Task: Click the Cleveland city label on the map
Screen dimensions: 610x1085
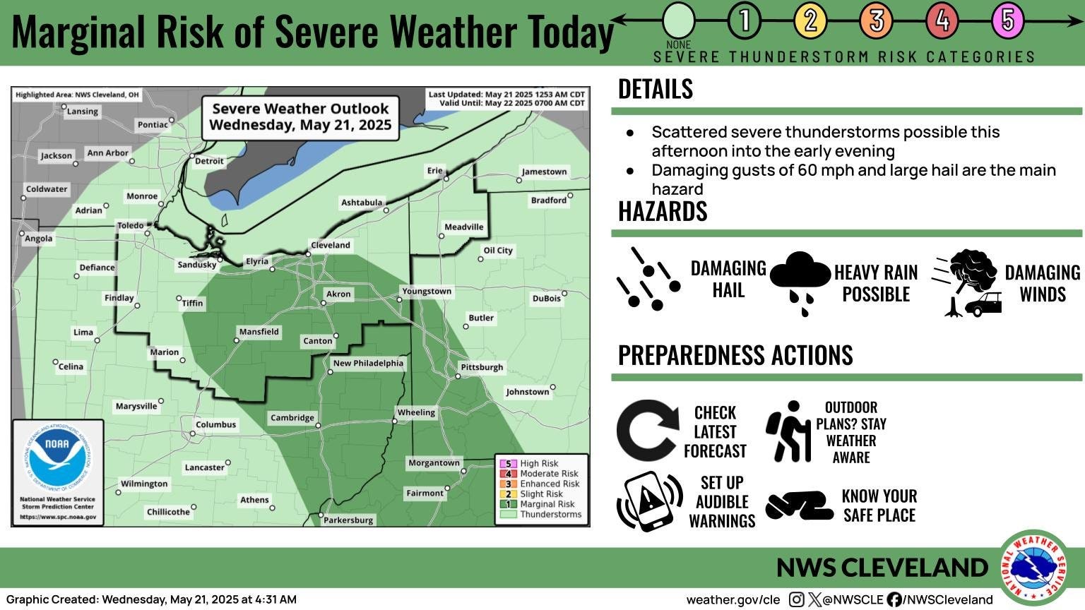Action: (x=330, y=245)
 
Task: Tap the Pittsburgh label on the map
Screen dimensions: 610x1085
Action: (x=482, y=367)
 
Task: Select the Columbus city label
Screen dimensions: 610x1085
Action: (x=215, y=424)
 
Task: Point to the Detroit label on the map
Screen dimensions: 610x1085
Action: (x=209, y=161)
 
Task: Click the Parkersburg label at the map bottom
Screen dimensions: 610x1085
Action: (x=348, y=520)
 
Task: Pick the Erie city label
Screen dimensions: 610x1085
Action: (x=434, y=170)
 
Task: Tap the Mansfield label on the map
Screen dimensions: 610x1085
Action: (x=259, y=332)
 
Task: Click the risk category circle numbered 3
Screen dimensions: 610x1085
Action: (x=876, y=20)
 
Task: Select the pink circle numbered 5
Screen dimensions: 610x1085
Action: (x=1007, y=20)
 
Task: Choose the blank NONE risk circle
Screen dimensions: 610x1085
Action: (x=679, y=20)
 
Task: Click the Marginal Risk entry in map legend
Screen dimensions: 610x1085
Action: (x=546, y=504)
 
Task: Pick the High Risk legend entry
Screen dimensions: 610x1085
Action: (x=538, y=464)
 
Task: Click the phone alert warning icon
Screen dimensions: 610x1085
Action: (x=649, y=501)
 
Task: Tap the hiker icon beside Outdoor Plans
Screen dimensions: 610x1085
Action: (x=789, y=431)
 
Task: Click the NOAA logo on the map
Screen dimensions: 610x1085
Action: (x=57, y=458)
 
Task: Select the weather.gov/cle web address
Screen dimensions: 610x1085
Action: (x=733, y=599)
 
